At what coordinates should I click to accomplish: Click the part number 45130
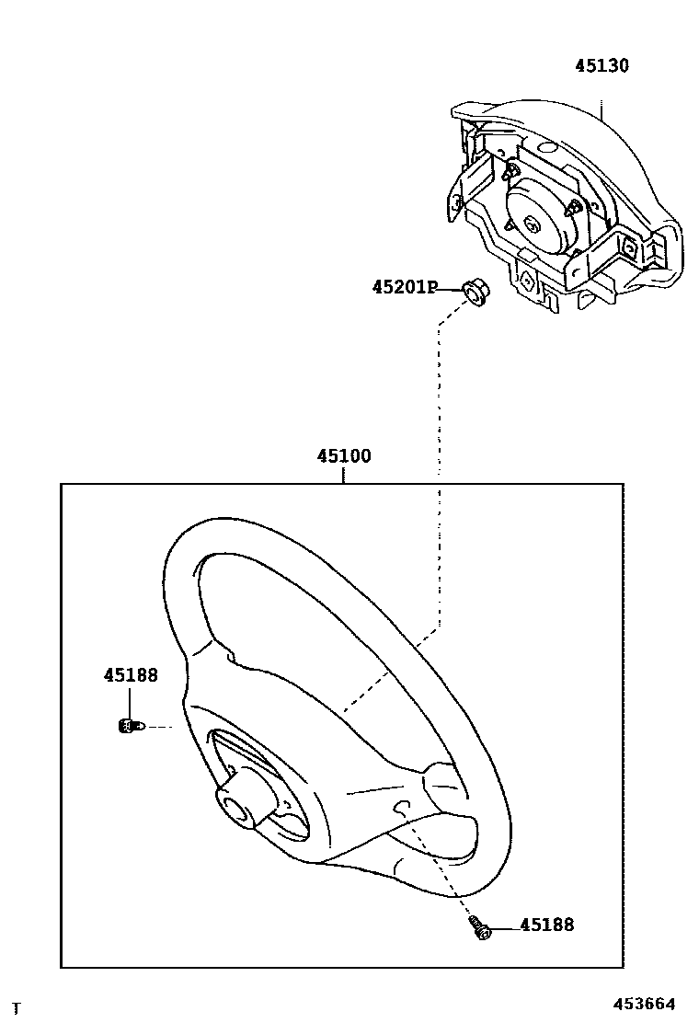click(x=602, y=66)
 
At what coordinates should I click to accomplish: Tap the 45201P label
click(x=404, y=288)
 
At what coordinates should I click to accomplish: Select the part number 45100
click(x=344, y=456)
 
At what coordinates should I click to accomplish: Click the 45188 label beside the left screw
click(x=131, y=675)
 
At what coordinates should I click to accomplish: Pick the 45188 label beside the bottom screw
click(x=546, y=925)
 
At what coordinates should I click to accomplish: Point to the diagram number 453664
click(x=645, y=1004)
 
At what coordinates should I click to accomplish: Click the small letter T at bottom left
click(x=16, y=1008)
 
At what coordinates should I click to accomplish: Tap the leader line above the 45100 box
click(x=344, y=475)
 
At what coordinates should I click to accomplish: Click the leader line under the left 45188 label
click(x=131, y=701)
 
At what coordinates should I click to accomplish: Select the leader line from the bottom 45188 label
click(x=504, y=928)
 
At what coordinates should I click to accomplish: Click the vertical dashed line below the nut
click(x=440, y=414)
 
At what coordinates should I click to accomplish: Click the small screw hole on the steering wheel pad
click(x=401, y=808)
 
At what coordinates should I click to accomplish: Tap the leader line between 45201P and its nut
click(x=450, y=289)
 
